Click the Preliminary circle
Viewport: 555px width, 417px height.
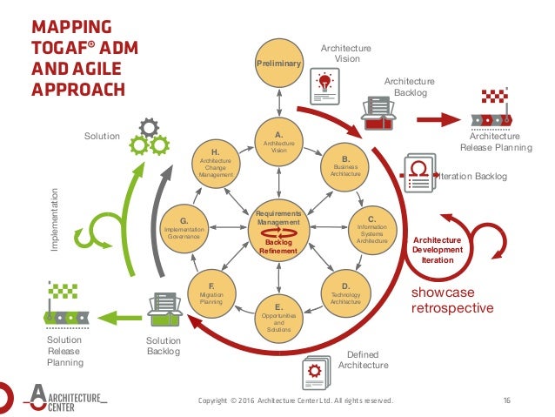coord(278,64)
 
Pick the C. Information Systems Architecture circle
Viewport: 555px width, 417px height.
coord(371,229)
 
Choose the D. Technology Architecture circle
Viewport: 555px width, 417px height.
coord(345,293)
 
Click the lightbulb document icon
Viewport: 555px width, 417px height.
coord(325,85)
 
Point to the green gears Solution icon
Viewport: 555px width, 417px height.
coord(147,137)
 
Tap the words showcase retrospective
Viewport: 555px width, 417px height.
coord(451,299)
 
